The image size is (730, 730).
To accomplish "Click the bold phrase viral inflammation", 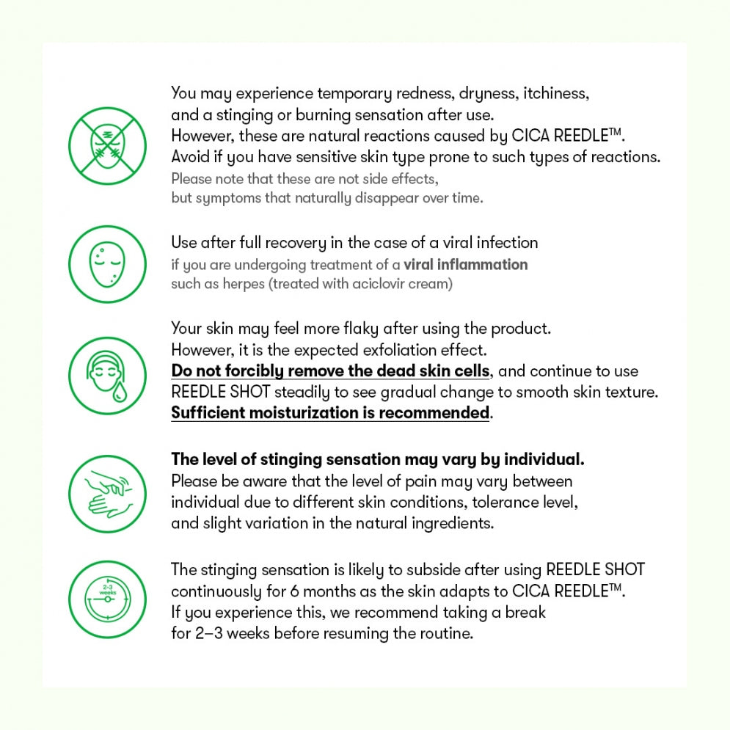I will (x=465, y=264).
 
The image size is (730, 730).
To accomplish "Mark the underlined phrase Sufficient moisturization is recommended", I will (x=330, y=413).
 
